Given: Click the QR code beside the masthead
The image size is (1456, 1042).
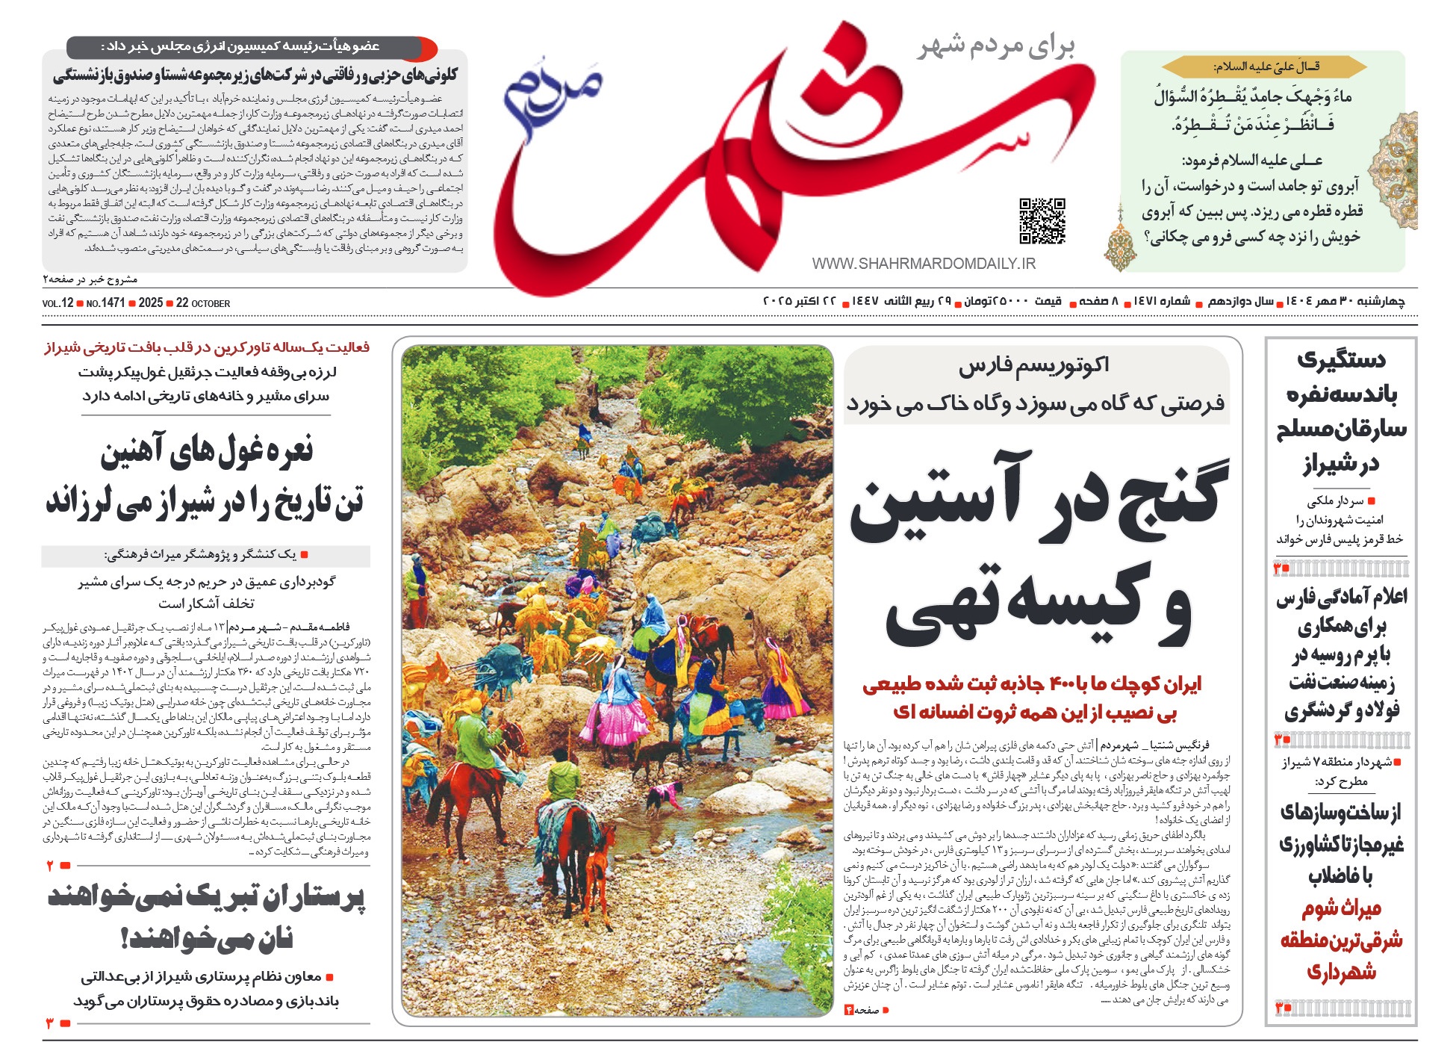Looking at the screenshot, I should (x=1042, y=221).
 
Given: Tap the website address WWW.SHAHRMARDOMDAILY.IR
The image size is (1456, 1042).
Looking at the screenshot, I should (x=924, y=264).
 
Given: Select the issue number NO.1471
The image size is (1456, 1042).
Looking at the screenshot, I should (x=105, y=303).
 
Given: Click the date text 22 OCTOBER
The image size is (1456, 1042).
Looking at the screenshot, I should (x=203, y=303).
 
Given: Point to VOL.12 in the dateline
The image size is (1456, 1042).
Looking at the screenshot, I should (x=58, y=303).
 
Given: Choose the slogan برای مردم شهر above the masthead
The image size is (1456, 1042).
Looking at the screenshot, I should (x=997, y=46).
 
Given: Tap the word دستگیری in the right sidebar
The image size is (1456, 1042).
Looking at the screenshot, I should (x=1341, y=360).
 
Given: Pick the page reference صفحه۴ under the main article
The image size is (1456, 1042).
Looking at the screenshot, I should (x=866, y=1010).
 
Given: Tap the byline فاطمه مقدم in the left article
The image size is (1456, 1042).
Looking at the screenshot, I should (x=323, y=627).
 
